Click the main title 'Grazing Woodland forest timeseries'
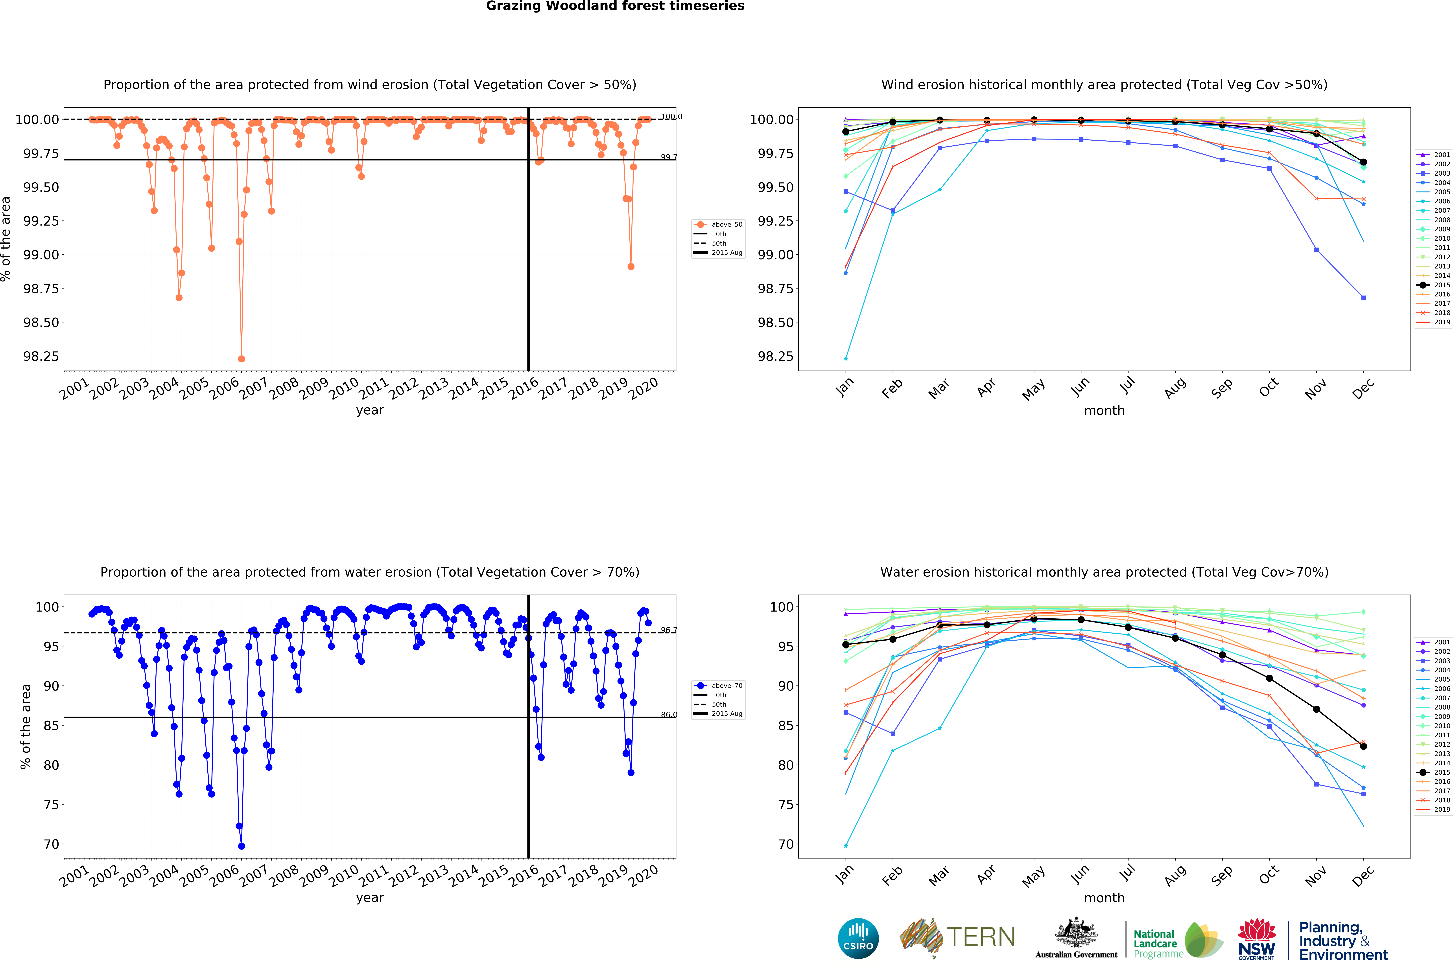(615, 6)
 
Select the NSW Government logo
(1256, 939)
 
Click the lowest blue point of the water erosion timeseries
(242, 846)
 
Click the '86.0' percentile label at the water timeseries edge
(669, 715)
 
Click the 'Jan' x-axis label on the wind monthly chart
(844, 388)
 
